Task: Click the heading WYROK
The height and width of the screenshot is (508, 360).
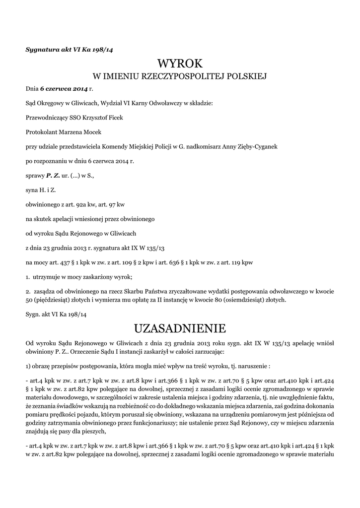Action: coord(180,63)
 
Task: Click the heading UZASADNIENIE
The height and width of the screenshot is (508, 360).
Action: coord(180,328)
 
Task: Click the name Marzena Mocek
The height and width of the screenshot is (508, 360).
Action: coord(83,132)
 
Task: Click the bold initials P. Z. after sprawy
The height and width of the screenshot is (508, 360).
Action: coord(53,175)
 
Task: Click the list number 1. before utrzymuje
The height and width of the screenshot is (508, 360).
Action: coord(28,276)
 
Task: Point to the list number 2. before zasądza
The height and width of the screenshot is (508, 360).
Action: coord(28,292)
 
